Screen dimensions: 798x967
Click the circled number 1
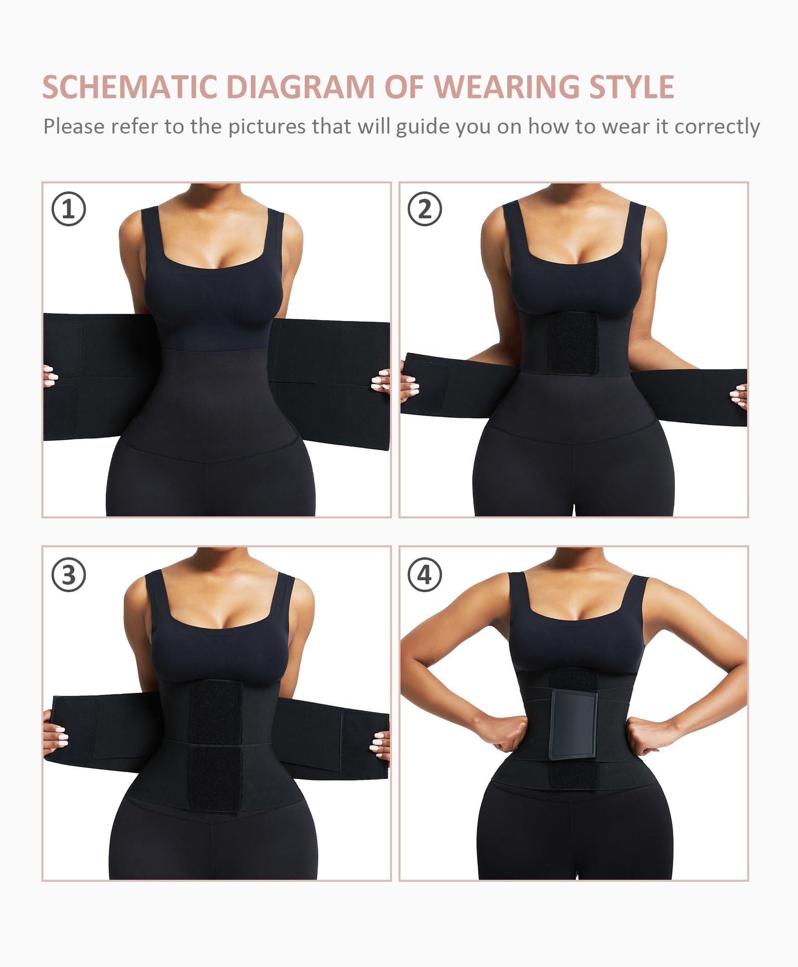coord(69,209)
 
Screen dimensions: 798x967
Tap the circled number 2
coord(425,209)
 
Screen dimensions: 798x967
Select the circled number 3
coord(69,575)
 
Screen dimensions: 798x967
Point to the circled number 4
coord(425,575)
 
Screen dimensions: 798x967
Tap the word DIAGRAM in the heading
coord(300,87)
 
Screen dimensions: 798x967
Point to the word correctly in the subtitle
coord(717,127)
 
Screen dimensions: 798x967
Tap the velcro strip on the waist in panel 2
coord(573,344)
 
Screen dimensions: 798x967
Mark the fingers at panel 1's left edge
coord(50,376)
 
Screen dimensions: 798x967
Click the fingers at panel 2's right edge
coord(739,396)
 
